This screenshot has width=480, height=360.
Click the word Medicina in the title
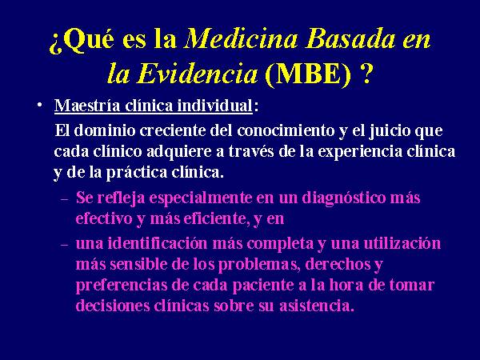click(241, 39)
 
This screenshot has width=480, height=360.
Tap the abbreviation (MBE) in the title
click(308, 74)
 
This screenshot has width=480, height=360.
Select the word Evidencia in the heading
click(198, 74)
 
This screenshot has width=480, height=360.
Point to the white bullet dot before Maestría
click(39, 105)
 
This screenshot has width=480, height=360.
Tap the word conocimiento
click(286, 130)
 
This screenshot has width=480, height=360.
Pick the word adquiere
click(178, 152)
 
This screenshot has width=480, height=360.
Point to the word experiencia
click(360, 152)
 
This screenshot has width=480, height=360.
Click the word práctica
click(136, 173)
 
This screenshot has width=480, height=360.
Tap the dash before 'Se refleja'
click(65, 199)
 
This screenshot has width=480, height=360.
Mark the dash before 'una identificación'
click(65, 245)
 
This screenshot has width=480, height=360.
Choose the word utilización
click(402, 243)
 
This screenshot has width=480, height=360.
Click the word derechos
click(338, 264)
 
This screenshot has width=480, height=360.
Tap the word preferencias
click(122, 286)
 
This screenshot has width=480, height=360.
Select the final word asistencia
click(317, 306)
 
